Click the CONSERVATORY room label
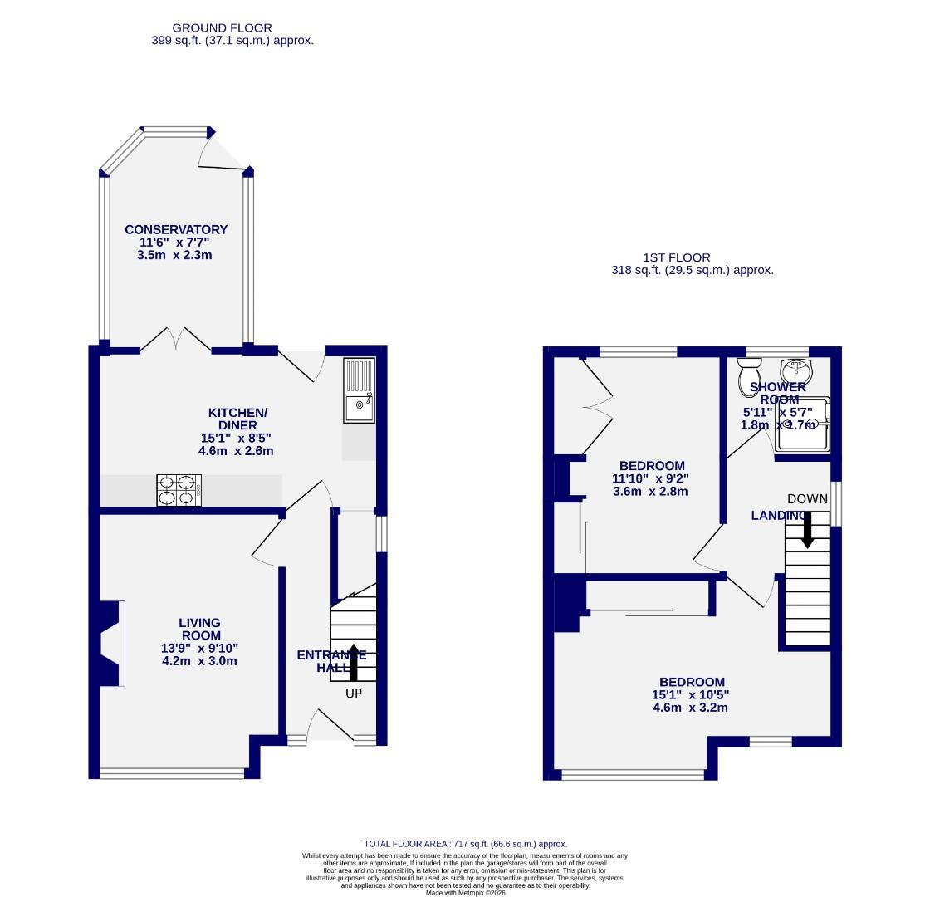176,230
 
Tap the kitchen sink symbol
359,390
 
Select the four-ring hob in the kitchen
179,490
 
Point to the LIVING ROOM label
200,629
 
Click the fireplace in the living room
111,644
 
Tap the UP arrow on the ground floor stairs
354,661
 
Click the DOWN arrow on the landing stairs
807,529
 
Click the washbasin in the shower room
795,370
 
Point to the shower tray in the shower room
804,424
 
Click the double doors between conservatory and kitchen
176,341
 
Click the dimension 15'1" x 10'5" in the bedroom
690,695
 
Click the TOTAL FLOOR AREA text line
465,844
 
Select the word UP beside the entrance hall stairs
354,694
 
